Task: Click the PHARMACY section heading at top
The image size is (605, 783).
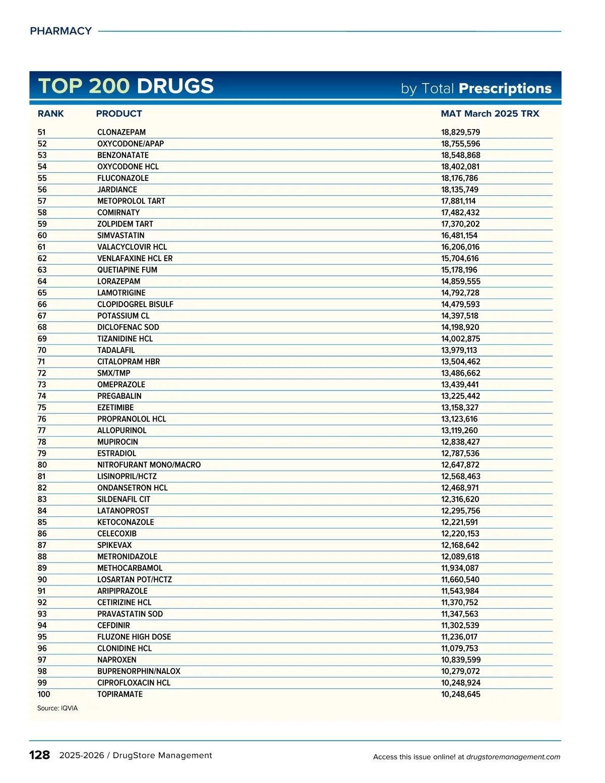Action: click(60, 31)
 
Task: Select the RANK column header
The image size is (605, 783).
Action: click(50, 113)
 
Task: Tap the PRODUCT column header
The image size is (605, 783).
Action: click(119, 113)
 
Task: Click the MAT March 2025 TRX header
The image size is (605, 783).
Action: click(490, 113)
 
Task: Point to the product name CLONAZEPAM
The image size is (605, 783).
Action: click(122, 132)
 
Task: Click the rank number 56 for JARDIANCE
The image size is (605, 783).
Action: click(42, 190)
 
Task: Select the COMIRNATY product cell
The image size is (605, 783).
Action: click(118, 213)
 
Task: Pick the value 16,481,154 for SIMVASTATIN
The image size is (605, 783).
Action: click(459, 235)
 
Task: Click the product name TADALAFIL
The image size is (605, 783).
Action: click(116, 350)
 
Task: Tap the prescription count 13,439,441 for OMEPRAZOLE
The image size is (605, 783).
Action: click(460, 385)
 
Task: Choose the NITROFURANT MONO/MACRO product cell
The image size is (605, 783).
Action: click(149, 465)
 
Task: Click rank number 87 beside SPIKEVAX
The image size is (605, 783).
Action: click(42, 545)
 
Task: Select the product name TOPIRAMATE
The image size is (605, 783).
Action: click(120, 694)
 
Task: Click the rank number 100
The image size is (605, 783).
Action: click(44, 694)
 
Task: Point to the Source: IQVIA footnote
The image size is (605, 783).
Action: click(57, 708)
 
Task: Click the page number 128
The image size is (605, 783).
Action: click(39, 755)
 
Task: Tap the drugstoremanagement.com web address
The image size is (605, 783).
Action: click(513, 757)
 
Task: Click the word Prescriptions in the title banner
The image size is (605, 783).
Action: click(505, 88)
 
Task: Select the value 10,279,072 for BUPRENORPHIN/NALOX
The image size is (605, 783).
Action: click(460, 672)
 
